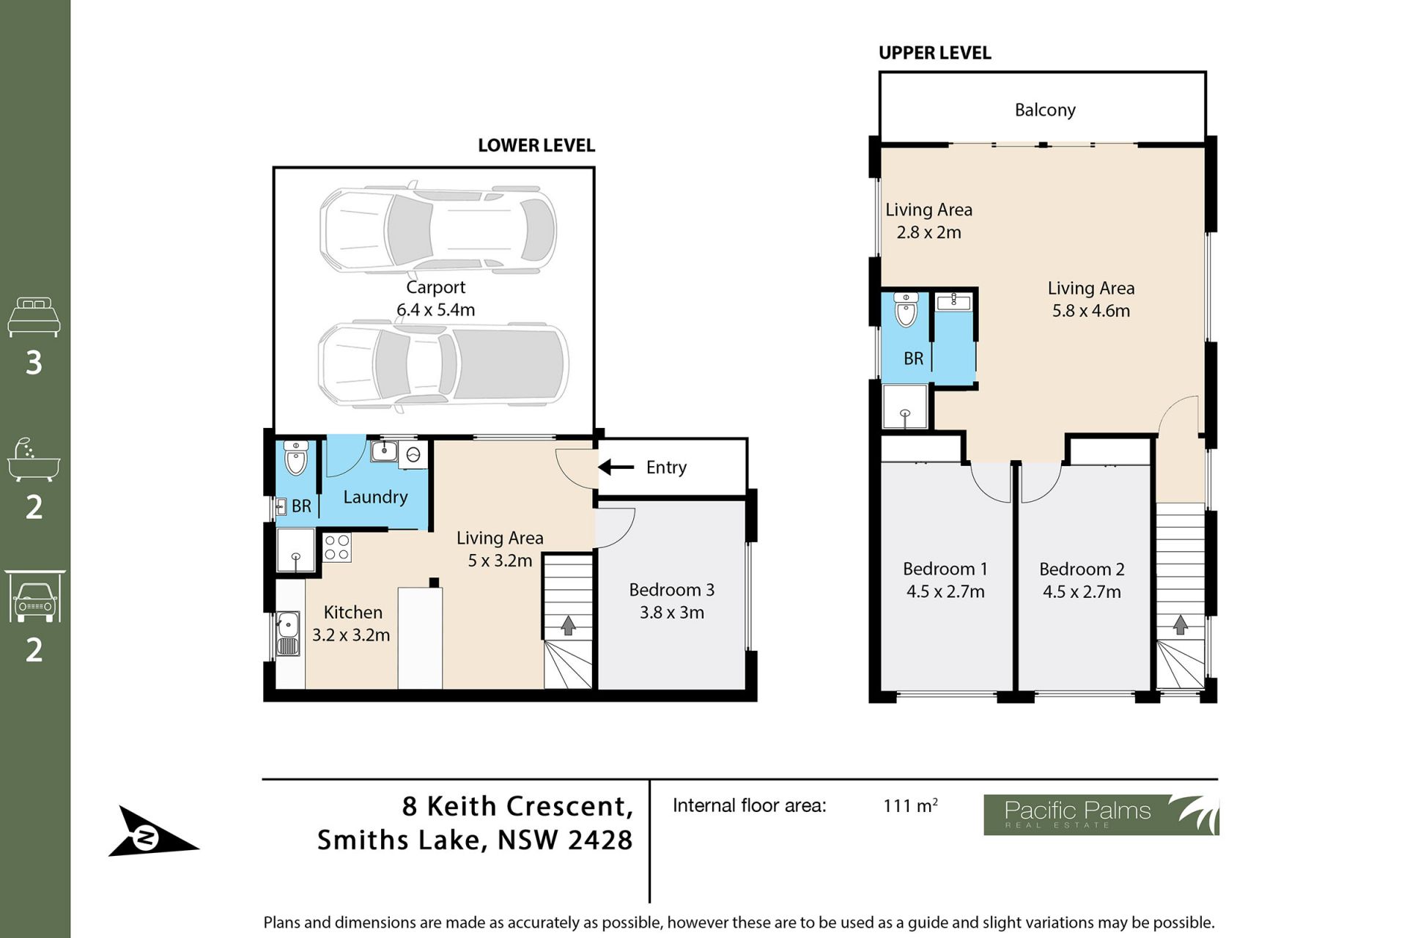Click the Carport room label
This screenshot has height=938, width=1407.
point(435,287)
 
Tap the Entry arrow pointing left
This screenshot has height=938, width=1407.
point(616,467)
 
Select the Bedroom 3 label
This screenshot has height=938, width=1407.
point(671,590)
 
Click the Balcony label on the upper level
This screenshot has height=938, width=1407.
point(1045,111)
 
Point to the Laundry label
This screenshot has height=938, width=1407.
point(375,498)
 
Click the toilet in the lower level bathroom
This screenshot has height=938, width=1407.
point(295,459)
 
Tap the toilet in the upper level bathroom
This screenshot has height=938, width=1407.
point(906,310)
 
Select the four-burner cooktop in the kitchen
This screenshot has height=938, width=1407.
point(337,547)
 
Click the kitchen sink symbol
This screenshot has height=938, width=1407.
point(288,634)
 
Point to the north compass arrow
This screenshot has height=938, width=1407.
point(153,832)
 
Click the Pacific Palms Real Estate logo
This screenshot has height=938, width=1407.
point(1101,815)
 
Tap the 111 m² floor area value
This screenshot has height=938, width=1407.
point(910,805)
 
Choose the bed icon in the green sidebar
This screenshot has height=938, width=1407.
point(34,317)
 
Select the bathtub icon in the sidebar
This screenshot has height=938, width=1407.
point(34,460)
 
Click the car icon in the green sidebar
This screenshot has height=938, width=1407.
point(34,597)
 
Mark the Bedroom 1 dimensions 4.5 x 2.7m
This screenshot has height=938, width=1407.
point(945,592)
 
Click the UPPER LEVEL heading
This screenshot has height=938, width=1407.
point(934,53)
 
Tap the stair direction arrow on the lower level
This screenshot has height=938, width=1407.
point(568,625)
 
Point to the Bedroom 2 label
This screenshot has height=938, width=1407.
point(1082,569)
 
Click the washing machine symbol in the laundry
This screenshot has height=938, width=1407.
point(413,454)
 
